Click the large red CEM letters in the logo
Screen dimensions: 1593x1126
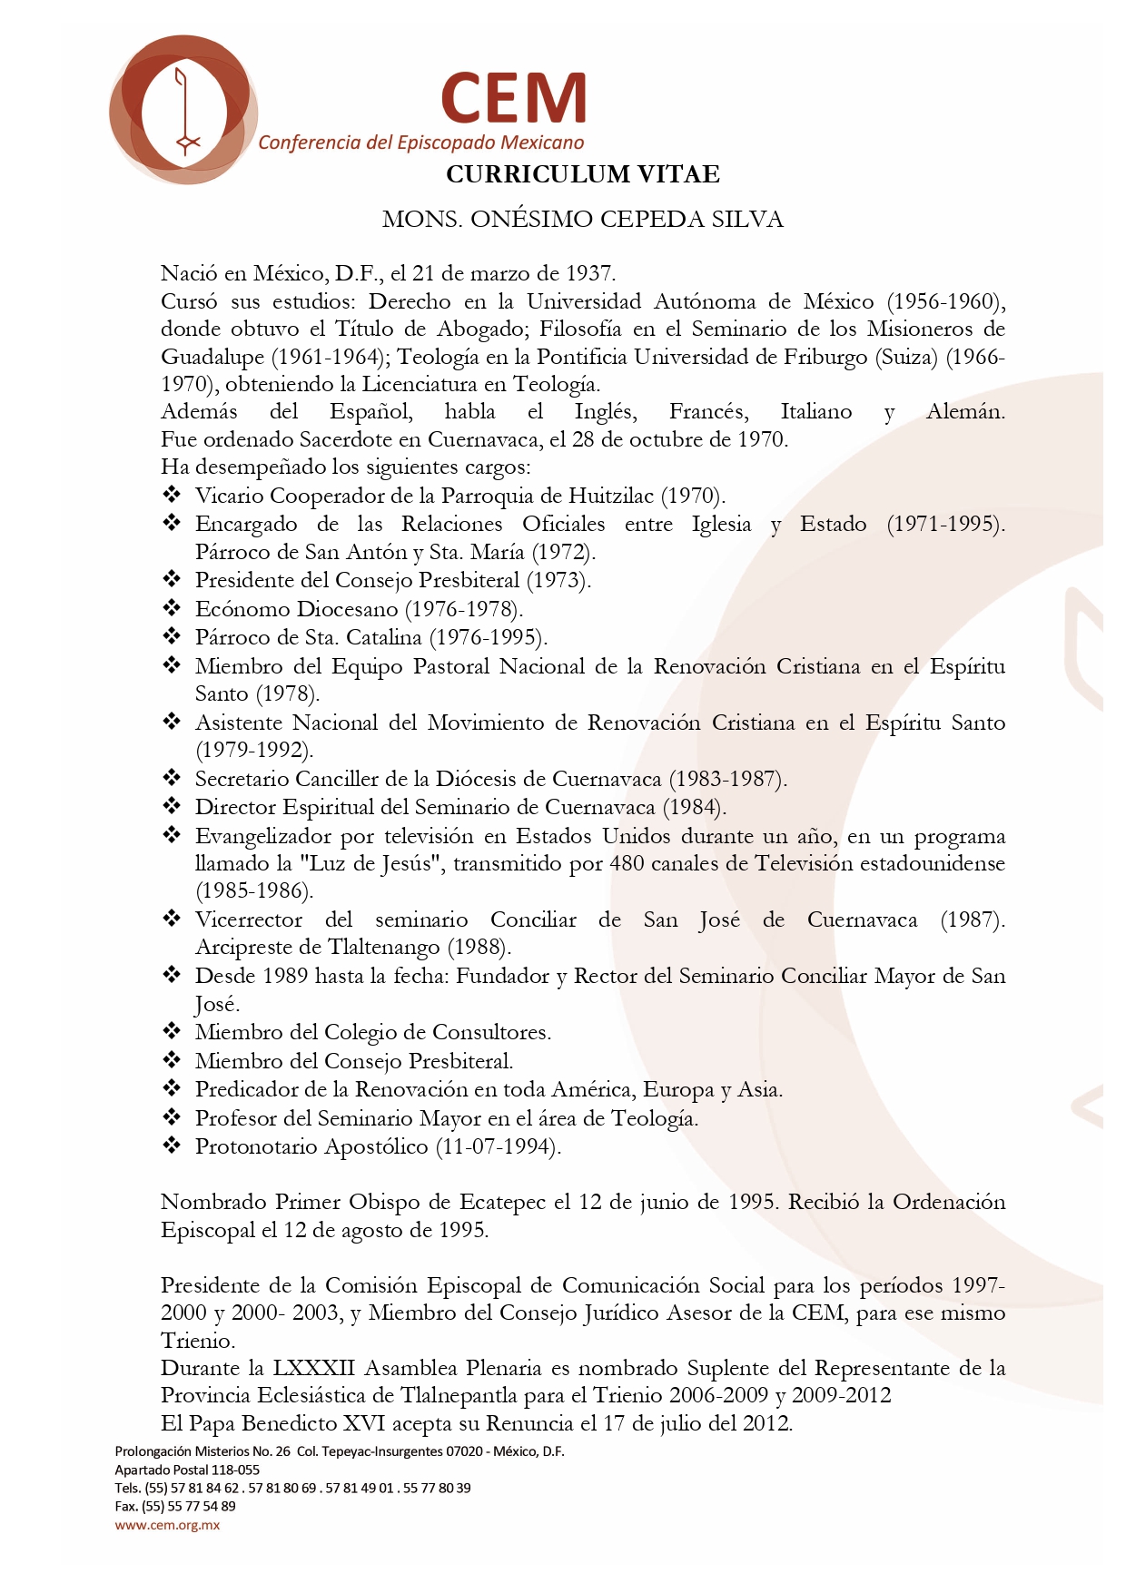514,98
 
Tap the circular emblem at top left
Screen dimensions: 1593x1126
183,110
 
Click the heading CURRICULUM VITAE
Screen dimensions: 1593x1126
583,174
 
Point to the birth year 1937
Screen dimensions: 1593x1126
590,273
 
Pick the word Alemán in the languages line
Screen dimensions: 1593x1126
964,412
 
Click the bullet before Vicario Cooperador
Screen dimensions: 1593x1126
172,495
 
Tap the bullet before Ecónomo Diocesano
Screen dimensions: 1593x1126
172,608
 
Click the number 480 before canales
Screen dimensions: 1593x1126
627,863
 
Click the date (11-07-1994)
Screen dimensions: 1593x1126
498,1146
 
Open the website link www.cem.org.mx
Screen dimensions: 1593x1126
167,1525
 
